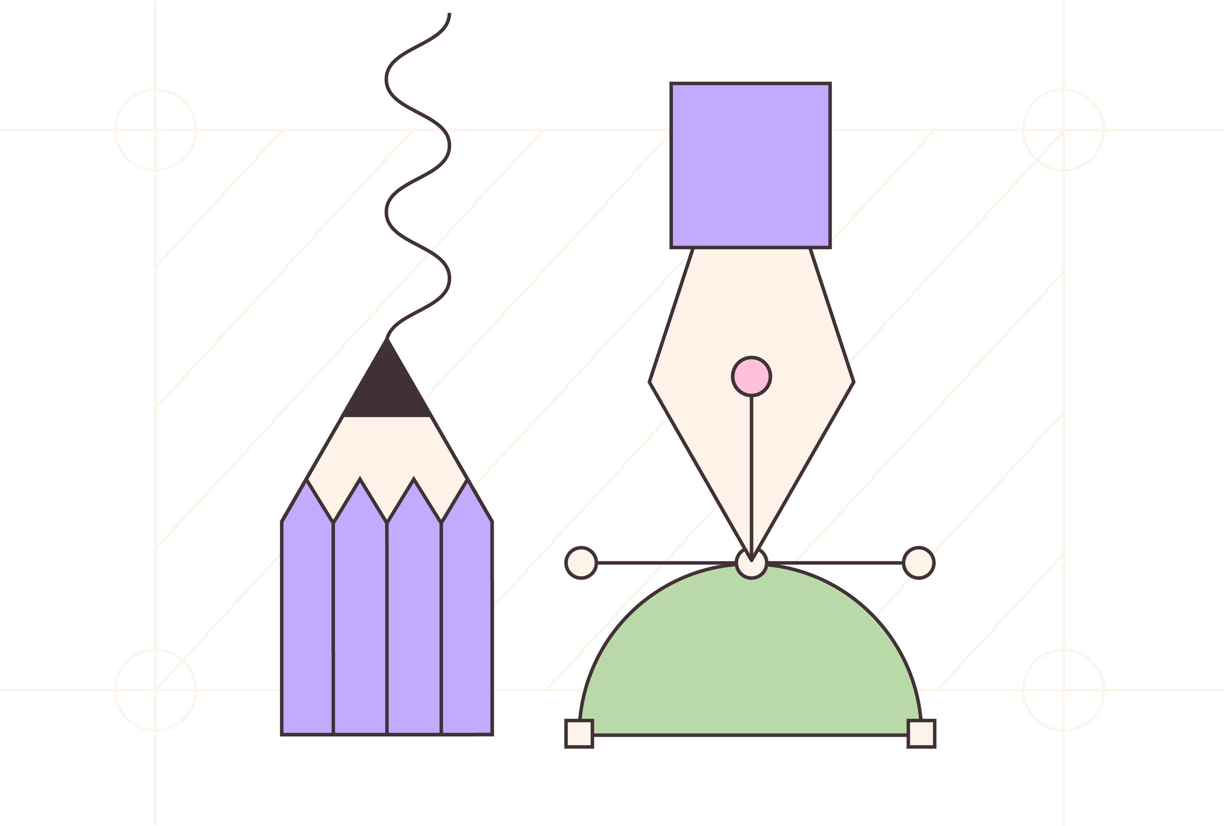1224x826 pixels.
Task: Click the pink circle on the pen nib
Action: point(751,377)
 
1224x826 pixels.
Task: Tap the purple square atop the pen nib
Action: point(750,165)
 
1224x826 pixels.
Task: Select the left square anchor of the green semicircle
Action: point(579,733)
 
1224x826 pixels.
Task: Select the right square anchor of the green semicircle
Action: point(921,733)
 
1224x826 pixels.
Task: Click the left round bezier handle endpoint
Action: point(581,563)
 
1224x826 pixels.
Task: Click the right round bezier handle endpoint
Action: point(919,563)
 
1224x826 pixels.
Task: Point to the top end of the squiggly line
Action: point(449,14)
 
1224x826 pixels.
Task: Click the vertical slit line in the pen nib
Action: point(751,474)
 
